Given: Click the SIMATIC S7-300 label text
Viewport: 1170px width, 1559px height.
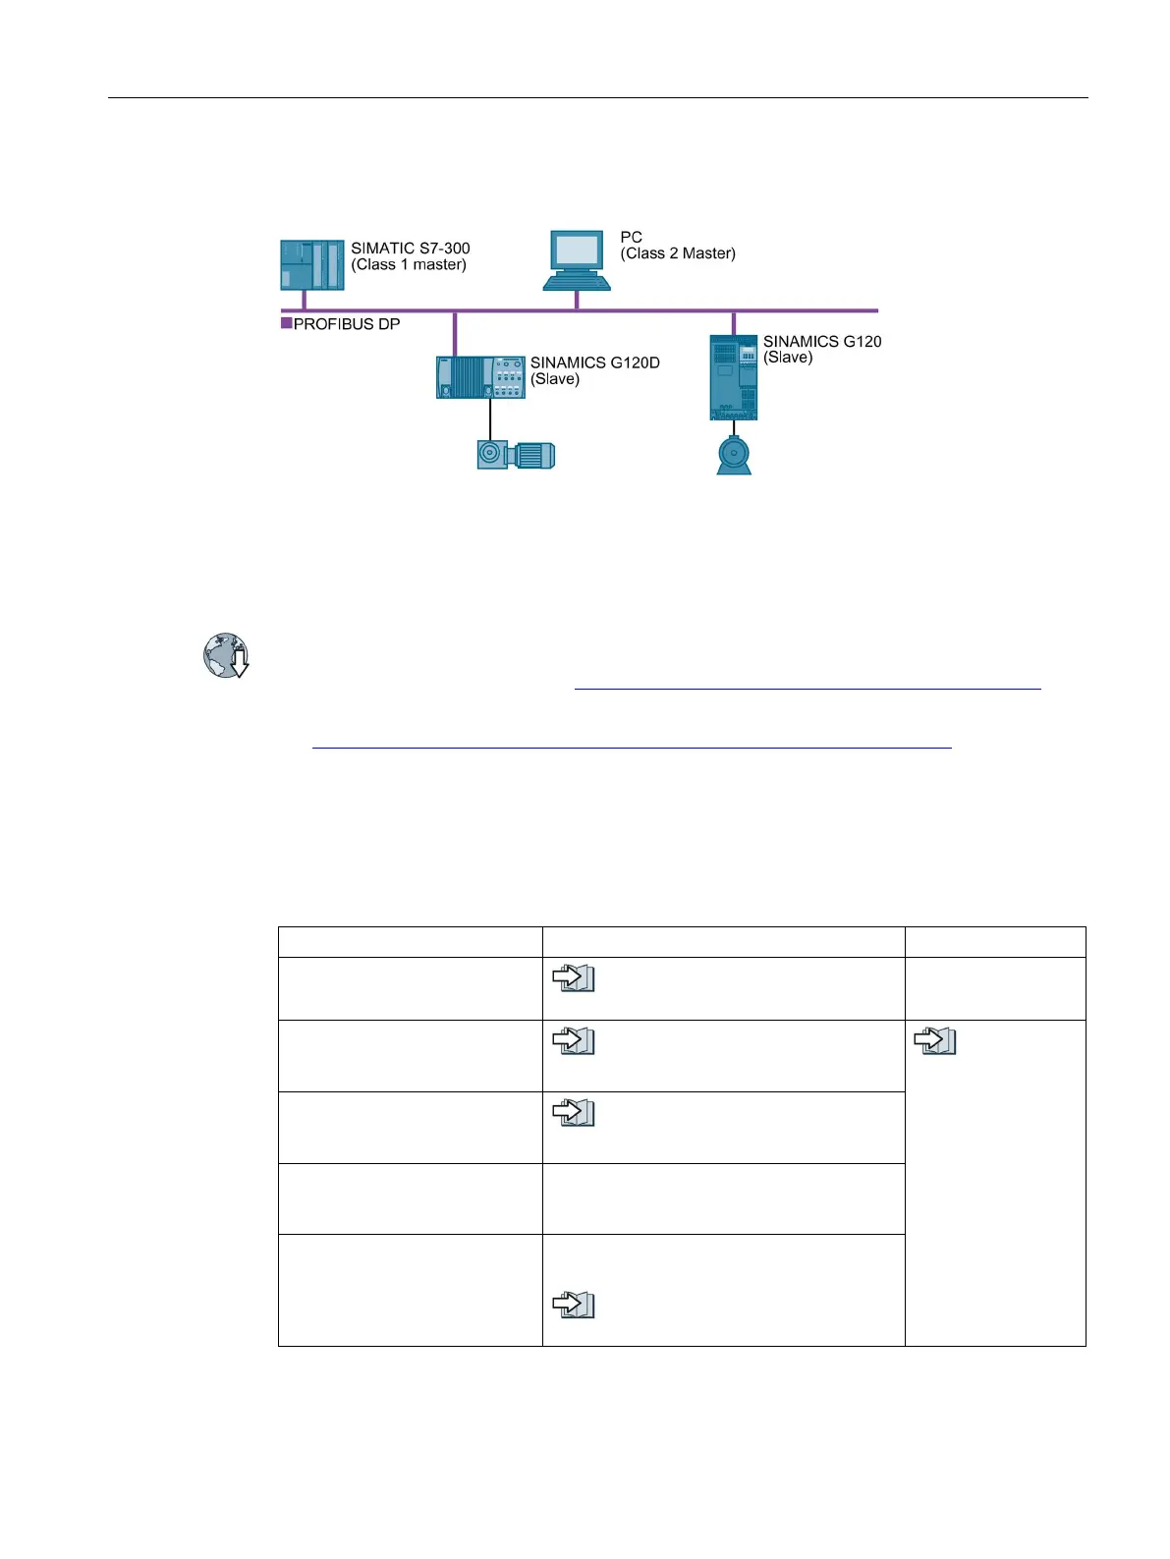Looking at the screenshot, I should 411,249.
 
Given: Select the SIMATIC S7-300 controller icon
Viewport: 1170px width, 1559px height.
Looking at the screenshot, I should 312,265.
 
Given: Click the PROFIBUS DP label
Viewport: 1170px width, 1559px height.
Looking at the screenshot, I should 347,324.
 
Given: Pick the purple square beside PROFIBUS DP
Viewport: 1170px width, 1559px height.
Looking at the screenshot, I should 287,323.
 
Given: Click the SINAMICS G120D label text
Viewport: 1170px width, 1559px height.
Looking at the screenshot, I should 594,362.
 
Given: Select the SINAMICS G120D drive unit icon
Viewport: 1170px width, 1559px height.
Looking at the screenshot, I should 480,377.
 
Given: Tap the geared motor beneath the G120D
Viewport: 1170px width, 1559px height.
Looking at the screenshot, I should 516,455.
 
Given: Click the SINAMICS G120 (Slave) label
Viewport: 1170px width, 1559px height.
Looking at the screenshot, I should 822,349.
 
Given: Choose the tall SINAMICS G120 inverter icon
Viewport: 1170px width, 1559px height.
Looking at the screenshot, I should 734,377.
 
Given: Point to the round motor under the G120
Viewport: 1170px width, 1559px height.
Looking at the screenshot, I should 734,456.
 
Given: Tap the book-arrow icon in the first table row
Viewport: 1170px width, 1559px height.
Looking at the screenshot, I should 574,977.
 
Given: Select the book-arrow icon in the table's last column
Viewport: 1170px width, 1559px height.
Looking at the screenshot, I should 935,1041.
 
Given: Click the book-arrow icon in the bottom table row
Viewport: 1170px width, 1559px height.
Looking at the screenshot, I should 574,1305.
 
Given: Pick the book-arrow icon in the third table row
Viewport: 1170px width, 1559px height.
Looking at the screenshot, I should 574,1112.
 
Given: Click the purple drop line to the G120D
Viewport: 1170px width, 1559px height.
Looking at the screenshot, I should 454,334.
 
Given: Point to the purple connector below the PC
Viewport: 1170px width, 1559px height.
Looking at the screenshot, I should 577,300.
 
